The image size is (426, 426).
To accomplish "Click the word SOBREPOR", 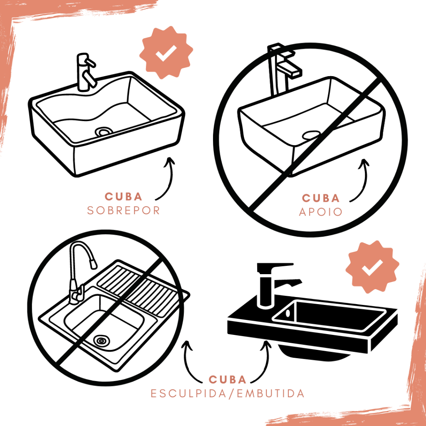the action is point(123,211).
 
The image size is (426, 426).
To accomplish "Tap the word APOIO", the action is point(321,212).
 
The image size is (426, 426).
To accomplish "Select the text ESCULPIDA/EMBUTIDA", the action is point(228,394).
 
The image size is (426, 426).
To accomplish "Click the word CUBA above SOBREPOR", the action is point(124,197).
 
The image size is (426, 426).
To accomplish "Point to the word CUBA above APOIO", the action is point(321,198).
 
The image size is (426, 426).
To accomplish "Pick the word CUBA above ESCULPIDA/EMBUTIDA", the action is point(228,379).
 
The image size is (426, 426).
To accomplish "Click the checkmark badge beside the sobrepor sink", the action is point(166,52).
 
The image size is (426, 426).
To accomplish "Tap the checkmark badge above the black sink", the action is point(372,267).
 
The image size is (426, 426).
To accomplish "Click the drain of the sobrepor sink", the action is point(104,132).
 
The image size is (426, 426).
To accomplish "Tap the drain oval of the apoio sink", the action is point(311,134).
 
